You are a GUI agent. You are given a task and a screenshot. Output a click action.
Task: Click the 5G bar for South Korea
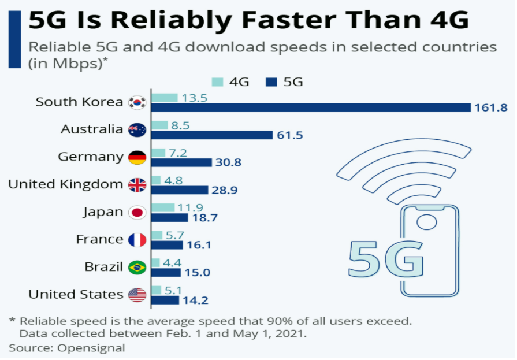311,107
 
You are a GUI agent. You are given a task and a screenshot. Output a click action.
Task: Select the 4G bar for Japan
162,207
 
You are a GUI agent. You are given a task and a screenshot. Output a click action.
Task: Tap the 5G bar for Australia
211,135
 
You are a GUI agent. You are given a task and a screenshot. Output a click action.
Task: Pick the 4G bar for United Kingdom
157,180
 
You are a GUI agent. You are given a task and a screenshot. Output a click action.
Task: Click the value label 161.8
491,108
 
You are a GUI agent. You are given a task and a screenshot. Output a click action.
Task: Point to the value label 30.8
228,163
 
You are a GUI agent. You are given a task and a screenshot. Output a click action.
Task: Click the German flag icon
137,157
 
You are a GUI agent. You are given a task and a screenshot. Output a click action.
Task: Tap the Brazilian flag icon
137,267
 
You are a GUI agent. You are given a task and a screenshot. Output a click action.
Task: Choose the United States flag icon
137,295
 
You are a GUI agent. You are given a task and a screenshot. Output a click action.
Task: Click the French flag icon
137,240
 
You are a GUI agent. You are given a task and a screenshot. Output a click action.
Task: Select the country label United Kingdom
65,184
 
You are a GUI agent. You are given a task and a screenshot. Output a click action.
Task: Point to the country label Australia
92,129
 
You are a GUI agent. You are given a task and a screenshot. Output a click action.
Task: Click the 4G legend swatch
218,82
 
